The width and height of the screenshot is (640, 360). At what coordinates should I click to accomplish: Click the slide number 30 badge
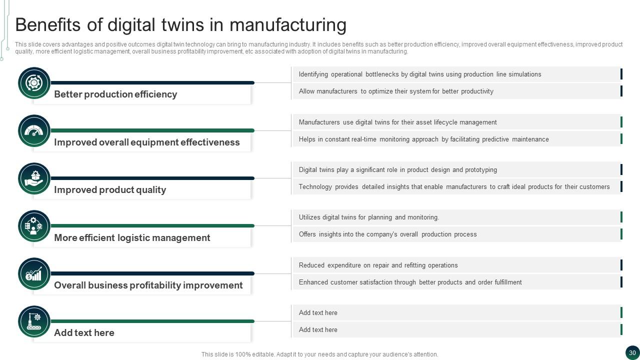[632, 352]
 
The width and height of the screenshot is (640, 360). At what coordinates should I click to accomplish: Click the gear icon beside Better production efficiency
[34, 83]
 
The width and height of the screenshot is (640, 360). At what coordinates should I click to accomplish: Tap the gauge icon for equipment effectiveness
[34, 131]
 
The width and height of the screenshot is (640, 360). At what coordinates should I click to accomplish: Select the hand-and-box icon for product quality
[34, 178]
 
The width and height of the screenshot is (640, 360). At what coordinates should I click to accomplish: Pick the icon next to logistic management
[34, 226]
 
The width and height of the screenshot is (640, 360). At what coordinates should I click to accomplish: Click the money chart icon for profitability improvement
[34, 274]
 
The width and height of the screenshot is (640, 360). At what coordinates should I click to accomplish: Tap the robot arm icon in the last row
[34, 321]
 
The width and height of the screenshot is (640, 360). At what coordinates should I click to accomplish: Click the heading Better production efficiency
[115, 94]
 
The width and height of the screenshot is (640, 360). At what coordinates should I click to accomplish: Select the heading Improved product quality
[110, 190]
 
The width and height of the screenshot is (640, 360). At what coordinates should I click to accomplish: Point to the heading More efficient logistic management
[132, 238]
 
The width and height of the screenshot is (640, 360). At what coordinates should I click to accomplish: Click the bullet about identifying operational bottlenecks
[420, 74]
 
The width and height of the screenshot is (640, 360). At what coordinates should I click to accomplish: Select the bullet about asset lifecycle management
[397, 122]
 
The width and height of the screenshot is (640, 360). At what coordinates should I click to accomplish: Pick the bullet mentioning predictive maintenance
[423, 139]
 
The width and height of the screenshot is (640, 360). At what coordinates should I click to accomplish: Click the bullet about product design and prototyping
[397, 170]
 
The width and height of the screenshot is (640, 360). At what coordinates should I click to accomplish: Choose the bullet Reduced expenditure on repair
[378, 265]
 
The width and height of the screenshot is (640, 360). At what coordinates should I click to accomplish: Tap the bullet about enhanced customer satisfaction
[410, 282]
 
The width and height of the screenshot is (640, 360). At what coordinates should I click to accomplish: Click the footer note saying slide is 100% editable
[319, 354]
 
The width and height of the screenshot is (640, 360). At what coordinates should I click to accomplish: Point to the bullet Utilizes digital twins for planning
[368, 217]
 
